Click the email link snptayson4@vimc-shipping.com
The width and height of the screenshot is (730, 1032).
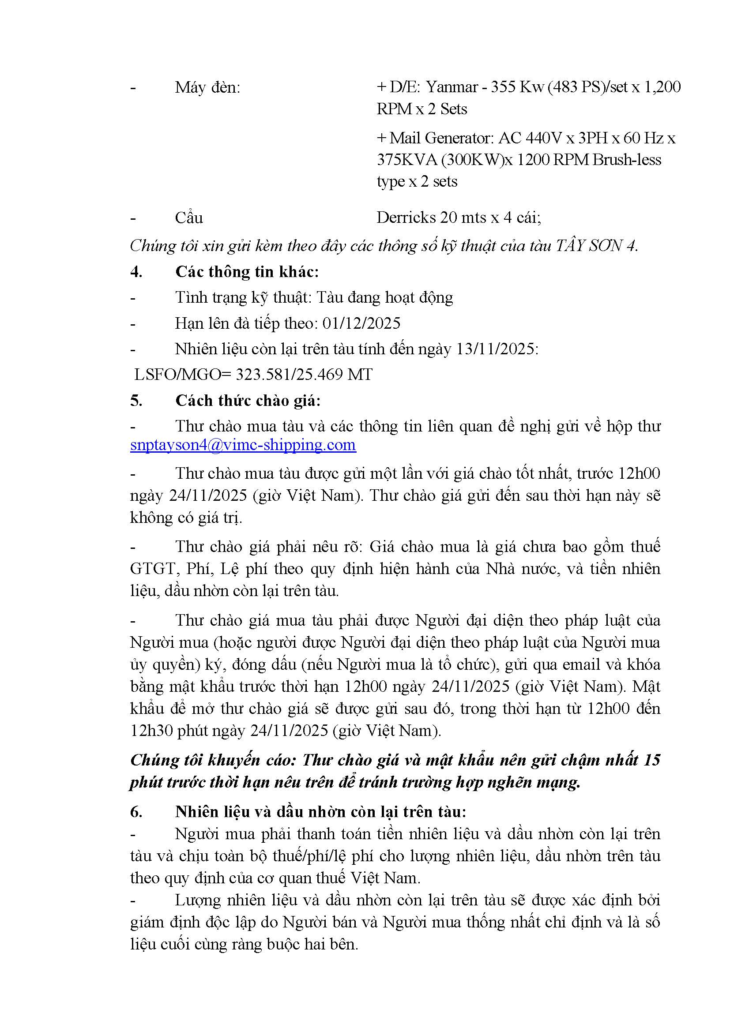[x=243, y=445]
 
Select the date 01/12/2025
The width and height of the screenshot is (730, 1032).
[x=361, y=323]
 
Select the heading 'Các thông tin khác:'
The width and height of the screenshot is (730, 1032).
[x=247, y=272]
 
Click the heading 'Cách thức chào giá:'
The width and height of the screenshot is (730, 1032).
[x=248, y=401]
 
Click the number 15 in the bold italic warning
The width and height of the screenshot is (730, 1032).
[x=651, y=760]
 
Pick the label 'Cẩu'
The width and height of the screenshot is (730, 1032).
[x=189, y=218]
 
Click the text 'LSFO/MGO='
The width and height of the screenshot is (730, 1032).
[x=183, y=375]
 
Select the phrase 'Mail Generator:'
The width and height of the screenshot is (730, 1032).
[x=441, y=138]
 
